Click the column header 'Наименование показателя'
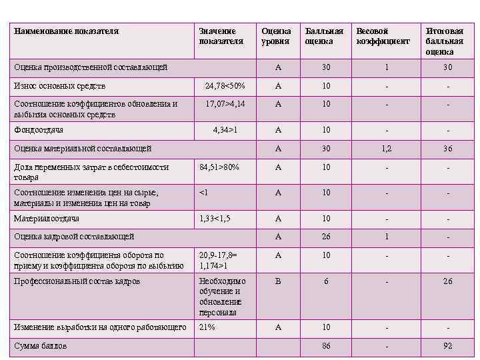(67, 31)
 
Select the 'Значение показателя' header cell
(217, 36)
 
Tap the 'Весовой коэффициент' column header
(383, 36)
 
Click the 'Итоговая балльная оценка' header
(444, 41)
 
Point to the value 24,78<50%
(225, 86)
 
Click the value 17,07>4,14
(225, 104)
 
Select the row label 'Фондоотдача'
(39, 130)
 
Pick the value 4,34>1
(225, 130)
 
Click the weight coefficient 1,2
(387, 149)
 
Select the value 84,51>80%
(219, 167)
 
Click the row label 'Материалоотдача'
(47, 219)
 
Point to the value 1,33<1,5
(215, 219)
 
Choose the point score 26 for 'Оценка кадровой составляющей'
(326, 237)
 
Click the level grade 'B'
(278, 281)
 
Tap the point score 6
(326, 281)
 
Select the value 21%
(207, 327)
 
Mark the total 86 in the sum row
(326, 346)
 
